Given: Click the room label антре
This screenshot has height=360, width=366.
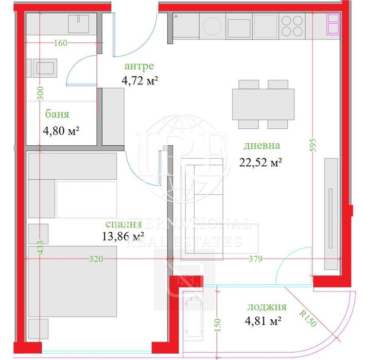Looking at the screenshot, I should pyautogui.click(x=140, y=66).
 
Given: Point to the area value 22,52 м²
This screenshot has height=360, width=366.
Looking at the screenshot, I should pyautogui.click(x=260, y=163).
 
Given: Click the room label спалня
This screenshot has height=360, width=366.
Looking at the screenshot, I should pyautogui.click(x=123, y=225).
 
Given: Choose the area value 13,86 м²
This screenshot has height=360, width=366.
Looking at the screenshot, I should pyautogui.click(x=123, y=237).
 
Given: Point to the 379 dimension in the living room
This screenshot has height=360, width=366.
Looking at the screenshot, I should pyautogui.click(x=254, y=260).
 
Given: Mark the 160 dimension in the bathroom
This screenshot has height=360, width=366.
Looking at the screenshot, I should pyautogui.click(x=60, y=43).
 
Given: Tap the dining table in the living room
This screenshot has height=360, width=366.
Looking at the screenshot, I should pyautogui.click(x=263, y=104).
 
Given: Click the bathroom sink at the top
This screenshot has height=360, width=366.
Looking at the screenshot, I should pyautogui.click(x=79, y=23).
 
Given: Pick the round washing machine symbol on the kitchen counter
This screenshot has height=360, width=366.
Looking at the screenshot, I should pyautogui.click(x=212, y=26).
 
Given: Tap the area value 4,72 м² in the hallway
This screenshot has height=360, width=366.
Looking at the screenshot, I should pyautogui.click(x=140, y=80).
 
